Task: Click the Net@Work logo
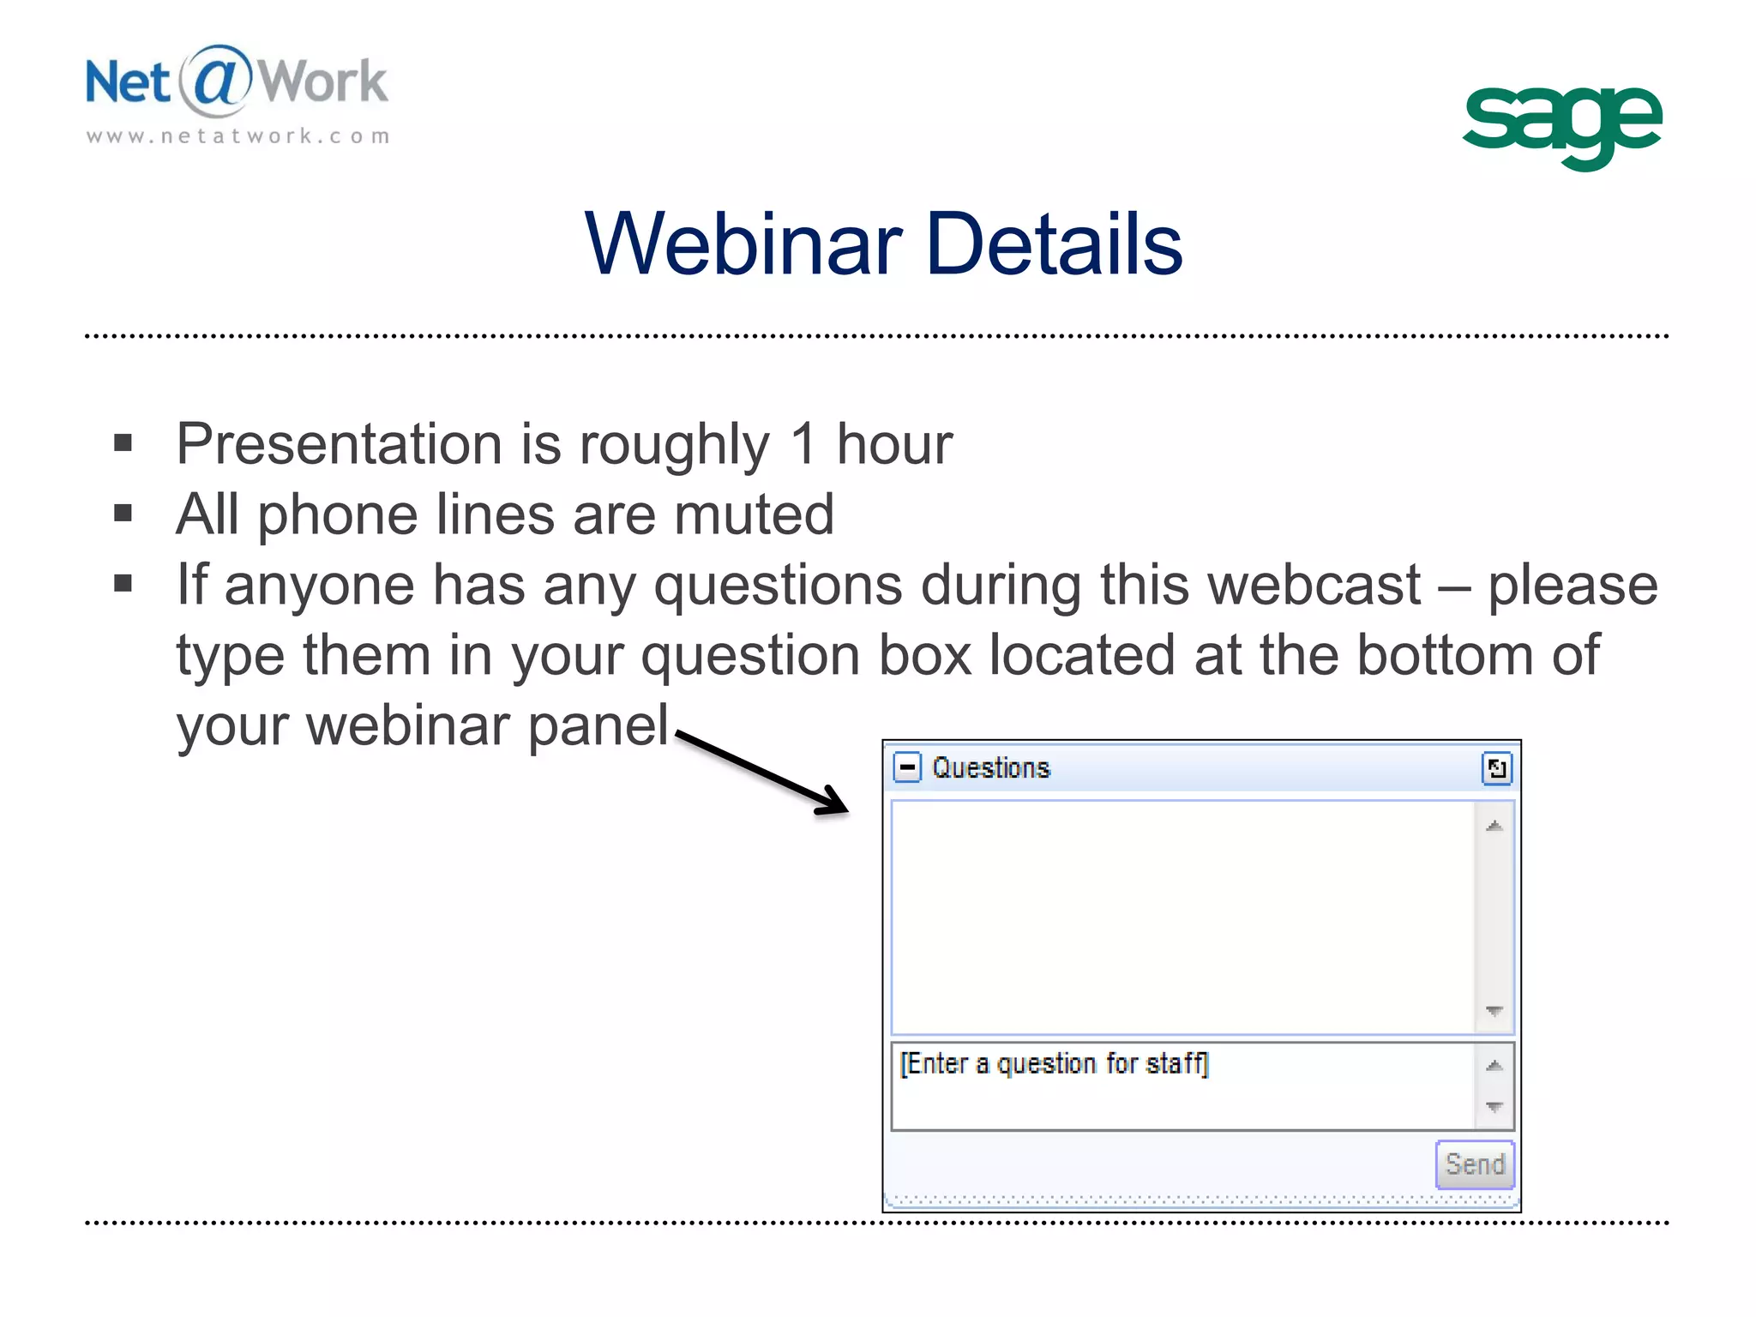click(237, 82)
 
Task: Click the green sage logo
click(1561, 124)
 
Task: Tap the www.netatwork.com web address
click(238, 136)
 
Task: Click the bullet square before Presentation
click(123, 443)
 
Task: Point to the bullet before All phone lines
click(123, 514)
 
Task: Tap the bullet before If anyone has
click(123, 584)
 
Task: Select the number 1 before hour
click(803, 444)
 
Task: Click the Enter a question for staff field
click(1183, 1085)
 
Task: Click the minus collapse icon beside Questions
click(907, 767)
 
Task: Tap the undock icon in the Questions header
click(1496, 768)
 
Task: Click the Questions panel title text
click(990, 768)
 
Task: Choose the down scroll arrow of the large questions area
click(1494, 1012)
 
